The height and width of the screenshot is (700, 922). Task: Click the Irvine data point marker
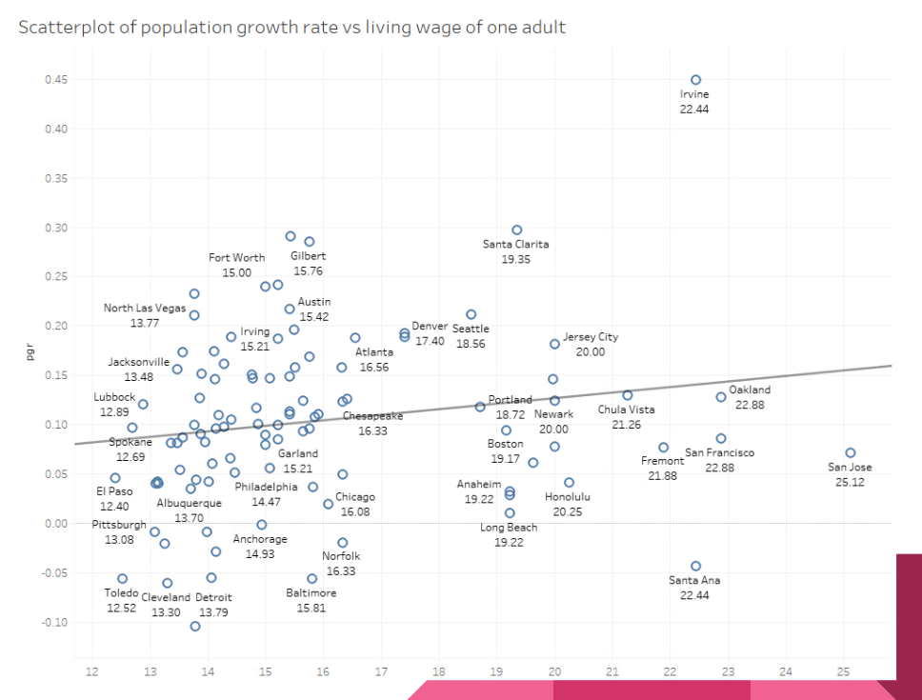[x=695, y=81]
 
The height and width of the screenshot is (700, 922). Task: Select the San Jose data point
[x=851, y=453]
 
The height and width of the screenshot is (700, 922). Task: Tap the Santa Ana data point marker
[x=695, y=566]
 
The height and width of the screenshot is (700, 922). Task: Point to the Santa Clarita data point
[x=517, y=230]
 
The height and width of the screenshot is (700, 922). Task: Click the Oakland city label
[x=750, y=390]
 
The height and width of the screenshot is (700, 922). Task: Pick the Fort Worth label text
[x=237, y=258]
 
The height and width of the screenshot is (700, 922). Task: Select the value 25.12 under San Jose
[x=850, y=482]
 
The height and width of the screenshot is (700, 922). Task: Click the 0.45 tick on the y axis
[x=56, y=79]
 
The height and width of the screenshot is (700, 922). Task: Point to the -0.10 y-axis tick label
[x=53, y=622]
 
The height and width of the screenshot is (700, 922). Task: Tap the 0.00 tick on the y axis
[x=56, y=524]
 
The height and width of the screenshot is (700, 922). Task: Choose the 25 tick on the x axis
[x=843, y=671]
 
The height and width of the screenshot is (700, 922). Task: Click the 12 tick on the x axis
[x=91, y=671]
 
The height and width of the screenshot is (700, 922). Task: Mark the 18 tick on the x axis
[x=438, y=671]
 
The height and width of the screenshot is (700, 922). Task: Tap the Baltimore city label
[x=311, y=593]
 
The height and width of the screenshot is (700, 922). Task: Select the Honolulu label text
[x=568, y=497]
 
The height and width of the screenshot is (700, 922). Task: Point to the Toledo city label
[x=122, y=593]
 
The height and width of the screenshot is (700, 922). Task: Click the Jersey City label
[x=591, y=337]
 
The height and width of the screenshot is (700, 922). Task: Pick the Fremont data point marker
[x=664, y=448]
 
